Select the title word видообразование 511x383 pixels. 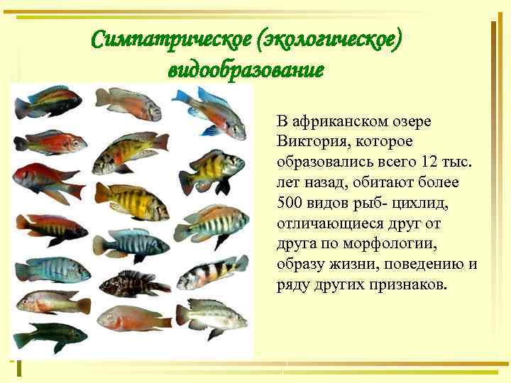(246, 70)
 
